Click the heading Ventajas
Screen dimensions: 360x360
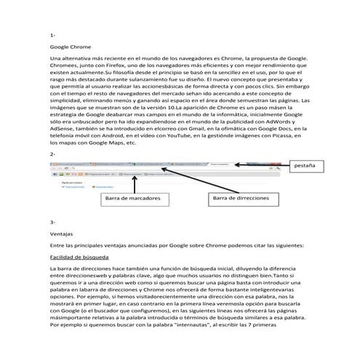pos(62,234)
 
